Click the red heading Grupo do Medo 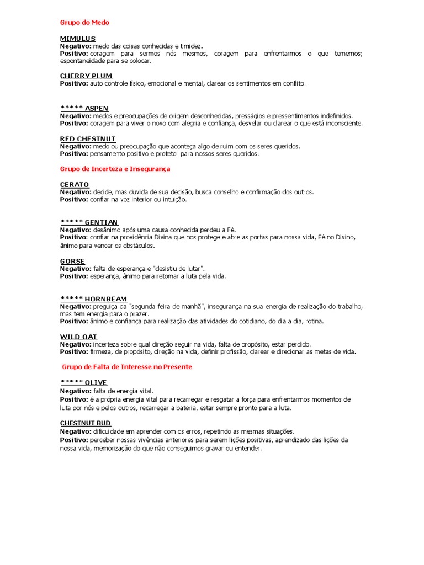pyautogui.click(x=84, y=23)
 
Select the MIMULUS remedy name pyautogui.click(x=78, y=38)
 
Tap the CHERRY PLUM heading pyautogui.click(x=86, y=76)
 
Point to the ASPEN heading pyautogui.click(x=97, y=108)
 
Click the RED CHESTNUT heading pyautogui.click(x=88, y=138)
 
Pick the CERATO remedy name pyautogui.click(x=75, y=184)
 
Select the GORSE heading pyautogui.click(x=72, y=261)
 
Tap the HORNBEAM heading pyautogui.click(x=106, y=299)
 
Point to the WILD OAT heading pyautogui.click(x=78, y=337)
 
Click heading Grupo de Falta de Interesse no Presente pyautogui.click(x=127, y=367)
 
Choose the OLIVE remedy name pyautogui.click(x=96, y=382)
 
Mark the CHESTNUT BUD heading pyautogui.click(x=86, y=423)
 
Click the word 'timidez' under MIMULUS pyautogui.click(x=190, y=46)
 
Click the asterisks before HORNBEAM pyautogui.click(x=71, y=299)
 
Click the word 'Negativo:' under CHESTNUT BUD pyautogui.click(x=76, y=431)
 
